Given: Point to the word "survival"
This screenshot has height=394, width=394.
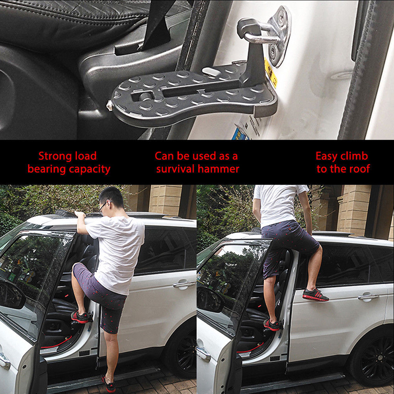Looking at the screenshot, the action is [x=176, y=168].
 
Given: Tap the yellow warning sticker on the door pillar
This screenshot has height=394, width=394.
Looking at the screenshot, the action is [x=271, y=72].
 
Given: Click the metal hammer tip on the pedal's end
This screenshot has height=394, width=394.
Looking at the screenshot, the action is [x=109, y=105].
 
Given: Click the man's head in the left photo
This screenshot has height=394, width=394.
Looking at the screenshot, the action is [x=110, y=200].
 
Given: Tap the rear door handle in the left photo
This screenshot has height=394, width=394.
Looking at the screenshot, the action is [x=184, y=285].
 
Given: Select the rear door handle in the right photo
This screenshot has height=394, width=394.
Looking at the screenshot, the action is [x=368, y=297].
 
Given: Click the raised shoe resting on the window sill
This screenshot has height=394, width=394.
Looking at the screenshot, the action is [x=315, y=295].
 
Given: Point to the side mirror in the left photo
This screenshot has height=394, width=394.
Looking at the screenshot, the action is [x=11, y=294].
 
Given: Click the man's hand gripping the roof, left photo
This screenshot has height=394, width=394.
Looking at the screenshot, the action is [x=80, y=214].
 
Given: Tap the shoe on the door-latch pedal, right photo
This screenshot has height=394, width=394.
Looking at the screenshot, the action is [x=272, y=325].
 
